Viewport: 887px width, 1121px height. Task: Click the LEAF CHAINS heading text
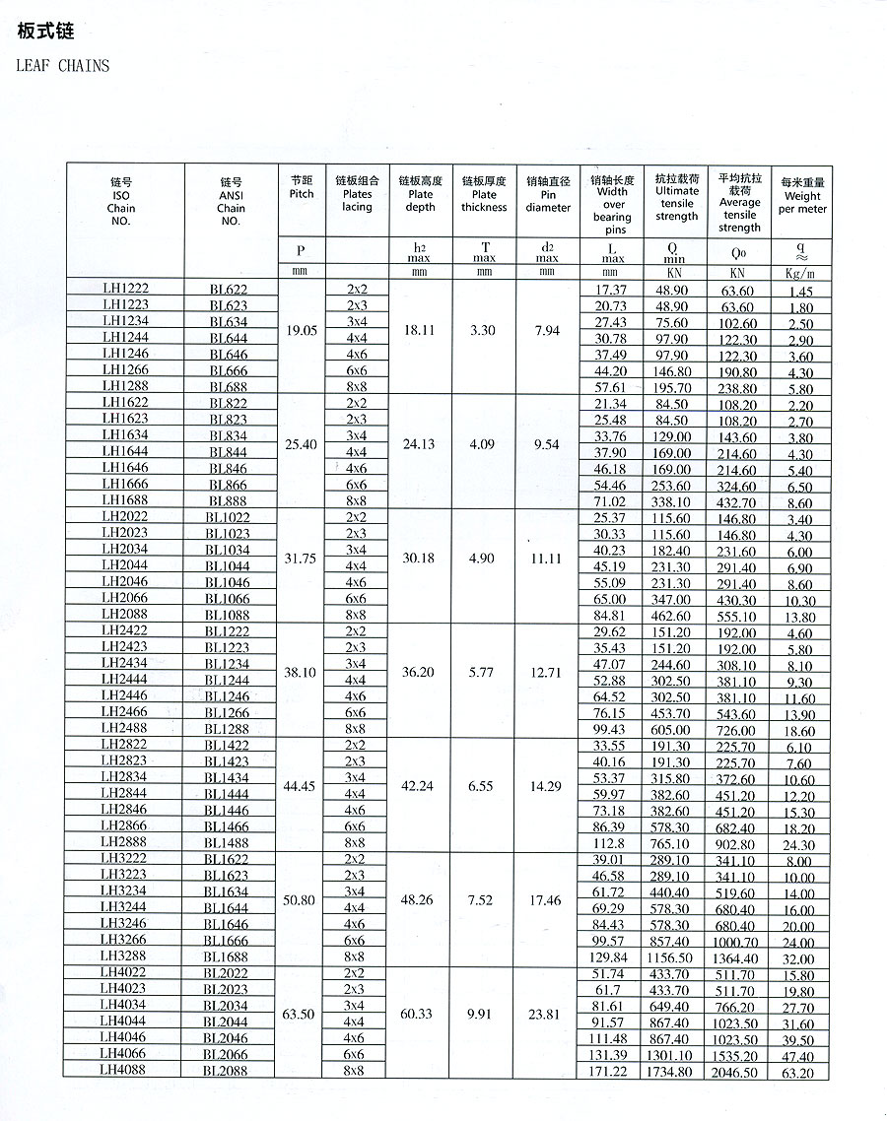tap(63, 66)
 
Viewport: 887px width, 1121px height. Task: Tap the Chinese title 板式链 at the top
tap(46, 32)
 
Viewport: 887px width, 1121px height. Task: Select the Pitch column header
tap(302, 187)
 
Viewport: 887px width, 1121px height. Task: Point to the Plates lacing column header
tap(357, 194)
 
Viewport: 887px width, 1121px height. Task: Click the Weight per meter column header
tap(802, 196)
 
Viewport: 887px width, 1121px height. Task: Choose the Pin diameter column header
tap(548, 194)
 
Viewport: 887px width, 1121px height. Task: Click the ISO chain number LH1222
tap(125, 289)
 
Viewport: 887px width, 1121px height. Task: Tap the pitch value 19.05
tap(302, 331)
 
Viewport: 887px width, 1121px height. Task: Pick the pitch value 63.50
tap(302, 1014)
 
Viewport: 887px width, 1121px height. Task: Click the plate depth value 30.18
tap(420, 558)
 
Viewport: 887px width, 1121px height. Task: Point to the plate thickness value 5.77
tap(483, 672)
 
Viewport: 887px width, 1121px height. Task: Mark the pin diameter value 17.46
tap(547, 900)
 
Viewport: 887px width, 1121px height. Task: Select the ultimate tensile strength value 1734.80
tap(676, 1071)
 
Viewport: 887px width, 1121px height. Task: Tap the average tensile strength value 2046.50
tap(738, 1072)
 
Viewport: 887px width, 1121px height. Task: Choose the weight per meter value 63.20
tap(800, 1073)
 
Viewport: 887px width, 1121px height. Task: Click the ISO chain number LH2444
tap(125, 680)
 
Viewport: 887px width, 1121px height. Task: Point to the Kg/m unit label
tap(800, 272)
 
